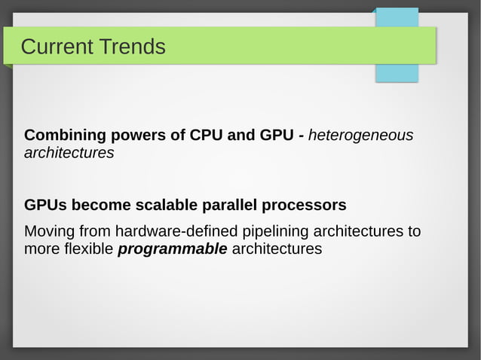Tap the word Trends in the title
130,47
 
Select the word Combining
64,136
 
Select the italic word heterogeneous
360,136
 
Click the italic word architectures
69,153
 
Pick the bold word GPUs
45,205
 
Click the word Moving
49,230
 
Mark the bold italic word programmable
173,249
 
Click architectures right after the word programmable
277,249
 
